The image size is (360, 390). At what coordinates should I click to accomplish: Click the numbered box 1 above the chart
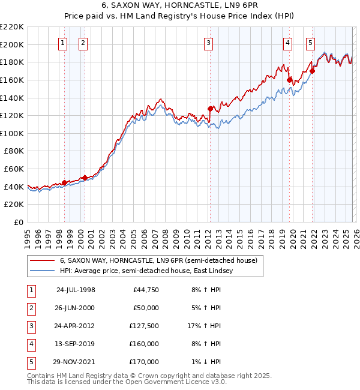(63, 43)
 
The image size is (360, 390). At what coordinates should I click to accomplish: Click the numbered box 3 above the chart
(208, 43)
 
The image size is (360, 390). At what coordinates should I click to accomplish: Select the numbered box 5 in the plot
(310, 43)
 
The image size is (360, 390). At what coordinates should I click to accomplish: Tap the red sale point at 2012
(210, 109)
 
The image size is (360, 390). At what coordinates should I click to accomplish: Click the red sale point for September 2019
(289, 79)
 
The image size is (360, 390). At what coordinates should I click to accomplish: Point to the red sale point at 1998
(65, 182)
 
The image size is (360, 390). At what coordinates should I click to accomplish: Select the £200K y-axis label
(12, 44)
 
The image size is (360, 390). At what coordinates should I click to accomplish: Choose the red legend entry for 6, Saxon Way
(158, 260)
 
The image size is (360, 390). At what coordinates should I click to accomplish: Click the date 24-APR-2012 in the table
(76, 325)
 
